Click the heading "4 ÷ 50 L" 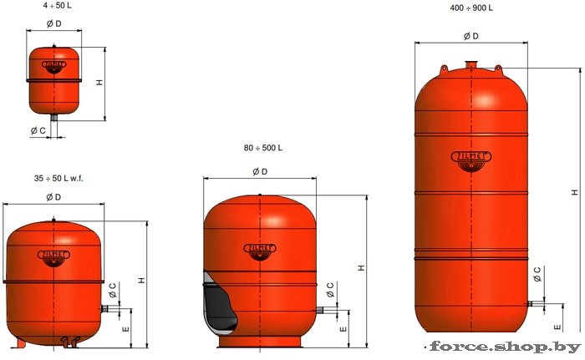coord(57,6)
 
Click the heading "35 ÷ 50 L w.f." coord(58,178)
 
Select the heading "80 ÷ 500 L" coord(263,148)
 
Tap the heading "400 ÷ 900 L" coord(471,8)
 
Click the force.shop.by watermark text coord(506,347)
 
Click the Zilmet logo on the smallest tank coord(54,67)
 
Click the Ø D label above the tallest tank coord(471,36)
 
